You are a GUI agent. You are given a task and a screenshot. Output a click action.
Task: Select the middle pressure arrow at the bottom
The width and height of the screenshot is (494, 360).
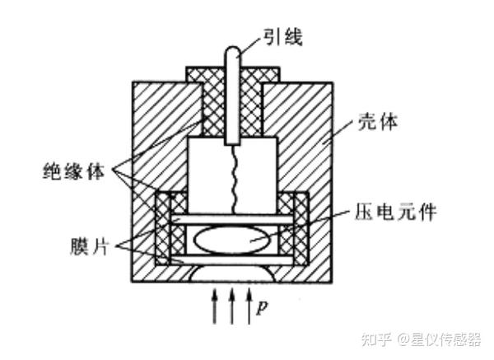233,306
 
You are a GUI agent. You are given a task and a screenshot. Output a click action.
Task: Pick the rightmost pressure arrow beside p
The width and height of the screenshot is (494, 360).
249,306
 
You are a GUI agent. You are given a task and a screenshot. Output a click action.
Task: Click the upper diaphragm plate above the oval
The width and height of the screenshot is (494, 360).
233,221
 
